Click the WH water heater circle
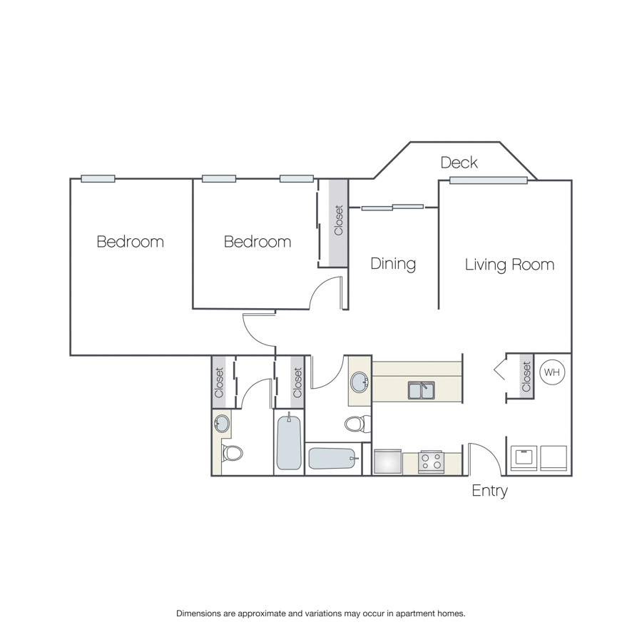[551, 372]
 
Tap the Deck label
[459, 163]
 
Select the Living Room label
[509, 265]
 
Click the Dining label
[393, 264]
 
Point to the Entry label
[489, 491]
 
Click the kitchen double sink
[422, 390]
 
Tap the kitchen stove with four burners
[431, 462]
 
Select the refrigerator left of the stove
[388, 462]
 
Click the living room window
[489, 180]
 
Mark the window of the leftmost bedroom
[98, 178]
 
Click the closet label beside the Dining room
[339, 220]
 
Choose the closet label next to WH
[526, 377]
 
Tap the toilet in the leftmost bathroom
[232, 453]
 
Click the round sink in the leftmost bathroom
[223, 423]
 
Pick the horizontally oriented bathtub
[333, 459]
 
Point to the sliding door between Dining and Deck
[392, 207]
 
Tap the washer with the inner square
[524, 458]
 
